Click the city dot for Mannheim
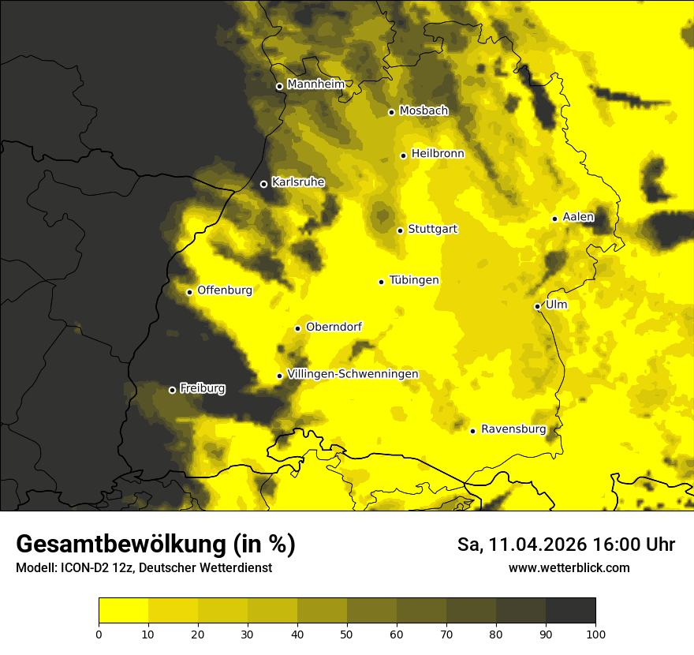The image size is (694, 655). (x=279, y=87)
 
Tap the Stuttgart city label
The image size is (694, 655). (x=432, y=230)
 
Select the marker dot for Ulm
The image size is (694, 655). (x=537, y=306)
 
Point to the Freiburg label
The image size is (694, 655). (x=202, y=388)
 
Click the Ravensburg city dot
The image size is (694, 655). (x=472, y=431)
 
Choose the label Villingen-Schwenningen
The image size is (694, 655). (x=353, y=374)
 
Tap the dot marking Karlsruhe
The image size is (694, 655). (x=263, y=184)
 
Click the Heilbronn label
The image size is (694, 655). (x=438, y=154)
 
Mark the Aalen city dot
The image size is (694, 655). (x=554, y=219)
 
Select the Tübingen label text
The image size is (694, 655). (x=414, y=280)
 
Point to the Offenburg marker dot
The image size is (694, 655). (x=189, y=292)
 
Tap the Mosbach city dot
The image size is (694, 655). (x=391, y=112)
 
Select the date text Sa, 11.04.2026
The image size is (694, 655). (x=513, y=545)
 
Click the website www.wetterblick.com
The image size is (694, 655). (x=569, y=567)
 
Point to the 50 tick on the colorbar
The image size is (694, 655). (x=347, y=633)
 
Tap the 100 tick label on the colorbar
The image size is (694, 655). (x=595, y=633)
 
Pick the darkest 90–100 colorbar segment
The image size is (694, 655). (x=570, y=610)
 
